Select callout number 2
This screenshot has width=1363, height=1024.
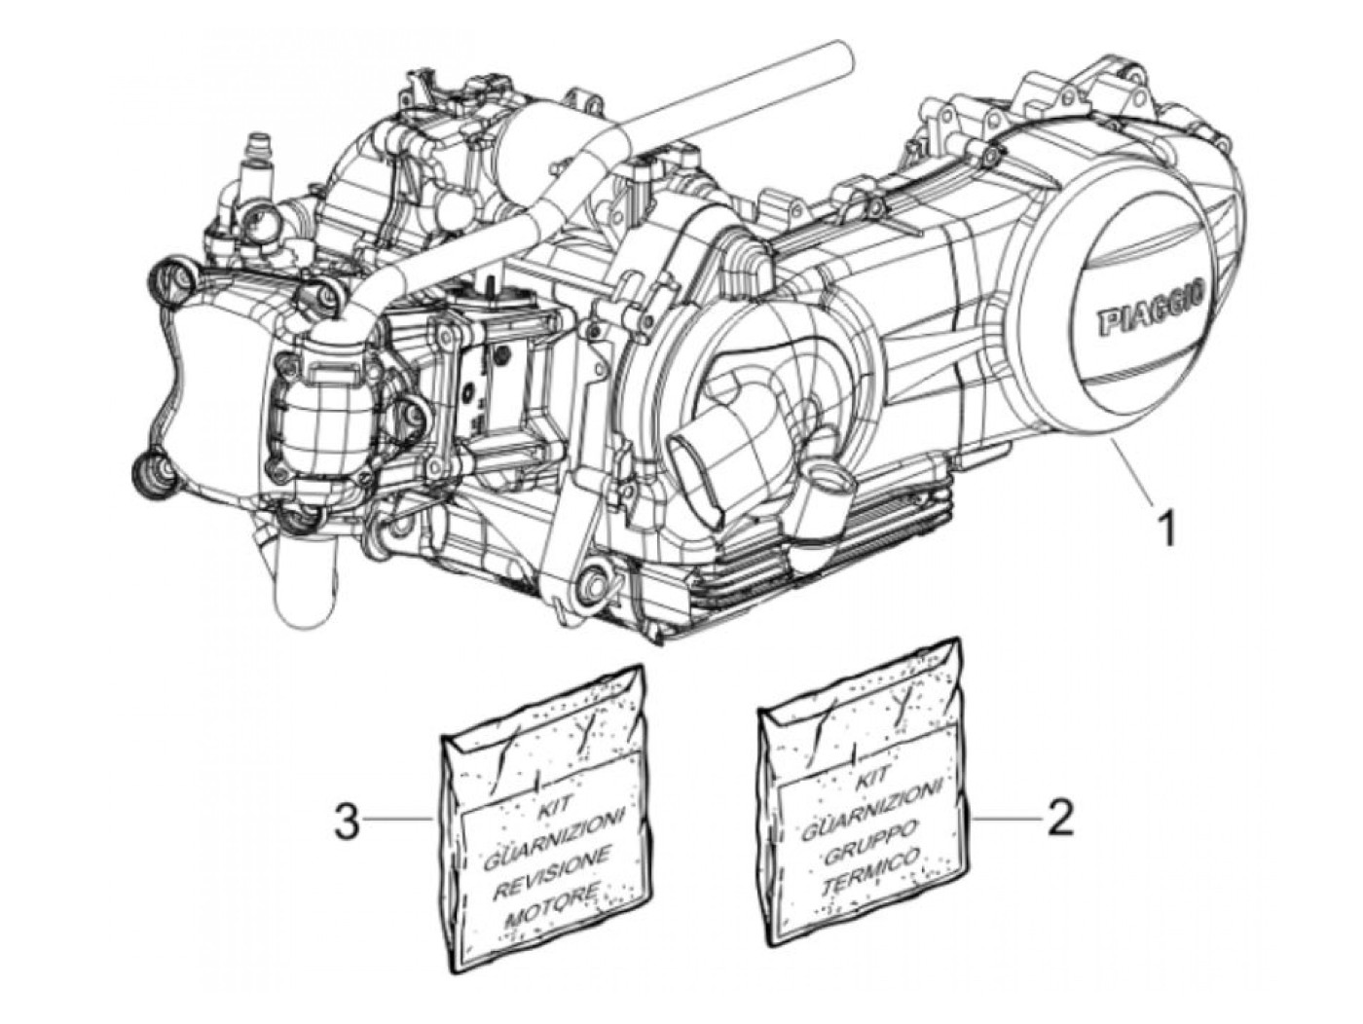1059,817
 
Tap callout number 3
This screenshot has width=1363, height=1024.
348,822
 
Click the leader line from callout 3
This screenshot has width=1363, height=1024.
400,822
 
